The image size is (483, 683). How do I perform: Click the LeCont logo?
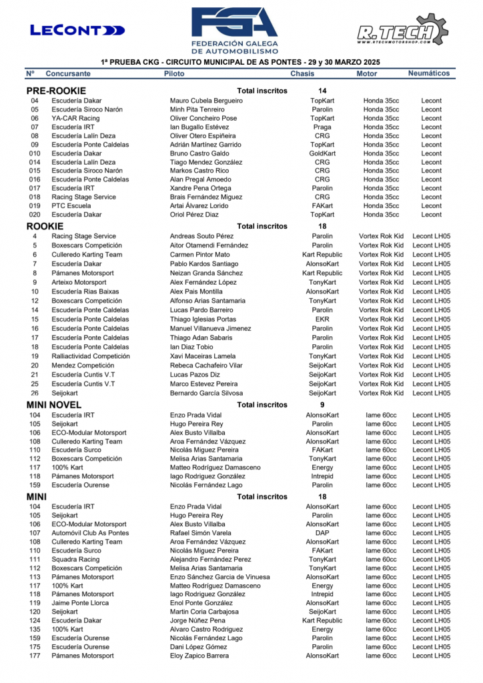tap(77, 30)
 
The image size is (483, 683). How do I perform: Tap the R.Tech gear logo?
tap(402, 31)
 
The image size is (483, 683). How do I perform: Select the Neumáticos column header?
tap(429, 73)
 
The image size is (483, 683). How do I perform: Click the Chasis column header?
tap(302, 74)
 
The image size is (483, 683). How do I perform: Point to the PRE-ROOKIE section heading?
tap(56, 91)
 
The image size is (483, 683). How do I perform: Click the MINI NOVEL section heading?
tap(54, 405)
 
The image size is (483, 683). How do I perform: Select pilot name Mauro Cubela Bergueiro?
tap(206, 101)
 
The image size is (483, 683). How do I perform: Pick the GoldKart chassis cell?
tap(322, 153)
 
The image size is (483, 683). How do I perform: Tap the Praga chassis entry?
tap(322, 127)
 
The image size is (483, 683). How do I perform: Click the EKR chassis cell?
tap(322, 319)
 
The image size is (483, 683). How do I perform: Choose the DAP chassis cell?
tap(322, 533)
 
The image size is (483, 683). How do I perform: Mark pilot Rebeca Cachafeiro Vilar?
tap(206, 366)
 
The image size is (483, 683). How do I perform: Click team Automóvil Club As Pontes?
tap(90, 533)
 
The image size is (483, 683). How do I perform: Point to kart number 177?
tap(35, 656)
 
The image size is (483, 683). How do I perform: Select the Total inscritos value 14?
tap(323, 91)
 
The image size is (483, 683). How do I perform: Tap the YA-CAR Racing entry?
tap(75, 118)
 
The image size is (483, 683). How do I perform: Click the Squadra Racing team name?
tap(75, 560)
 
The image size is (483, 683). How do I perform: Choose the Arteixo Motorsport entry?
tap(79, 282)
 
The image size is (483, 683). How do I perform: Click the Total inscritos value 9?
tap(322, 405)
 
